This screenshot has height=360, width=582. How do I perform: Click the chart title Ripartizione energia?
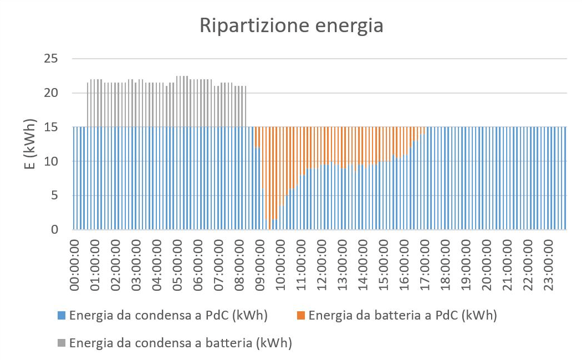[x=292, y=26]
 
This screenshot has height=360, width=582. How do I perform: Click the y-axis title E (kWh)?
[x=30, y=144]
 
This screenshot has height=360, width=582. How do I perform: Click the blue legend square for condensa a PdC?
[x=62, y=316]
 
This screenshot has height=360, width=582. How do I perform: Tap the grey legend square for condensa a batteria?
[x=62, y=343]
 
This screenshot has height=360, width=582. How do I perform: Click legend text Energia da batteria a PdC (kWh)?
[x=402, y=316]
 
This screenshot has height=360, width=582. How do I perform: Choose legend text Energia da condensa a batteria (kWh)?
[x=181, y=343]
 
